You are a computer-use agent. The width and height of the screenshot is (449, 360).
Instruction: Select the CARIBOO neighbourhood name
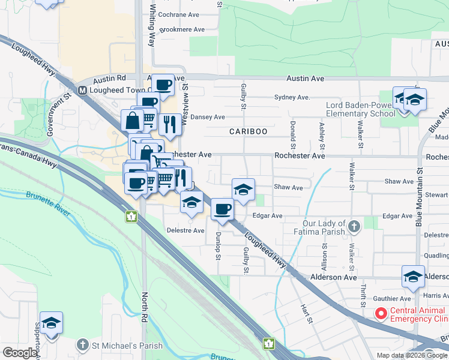pyautogui.click(x=248, y=131)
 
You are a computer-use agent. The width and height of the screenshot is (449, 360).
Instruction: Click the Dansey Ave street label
pyautogui.click(x=208, y=117)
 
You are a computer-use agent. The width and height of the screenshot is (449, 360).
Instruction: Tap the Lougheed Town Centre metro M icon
pyautogui.click(x=83, y=91)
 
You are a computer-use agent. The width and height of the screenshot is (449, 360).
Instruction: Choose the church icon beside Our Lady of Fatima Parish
pyautogui.click(x=355, y=226)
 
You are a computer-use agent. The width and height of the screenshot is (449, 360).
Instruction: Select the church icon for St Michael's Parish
pyautogui.click(x=83, y=345)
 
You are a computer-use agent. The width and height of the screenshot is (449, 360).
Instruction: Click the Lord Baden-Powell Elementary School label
pyautogui.click(x=360, y=109)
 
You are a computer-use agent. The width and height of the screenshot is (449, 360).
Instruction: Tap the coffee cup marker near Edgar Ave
pyautogui.click(x=222, y=209)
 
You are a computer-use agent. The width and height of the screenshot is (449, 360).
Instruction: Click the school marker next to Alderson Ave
pyautogui.click(x=413, y=276)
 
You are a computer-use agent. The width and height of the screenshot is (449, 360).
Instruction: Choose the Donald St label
pyautogui.click(x=292, y=135)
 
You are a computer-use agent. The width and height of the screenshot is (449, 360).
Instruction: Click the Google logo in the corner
pyautogui.click(x=20, y=353)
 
